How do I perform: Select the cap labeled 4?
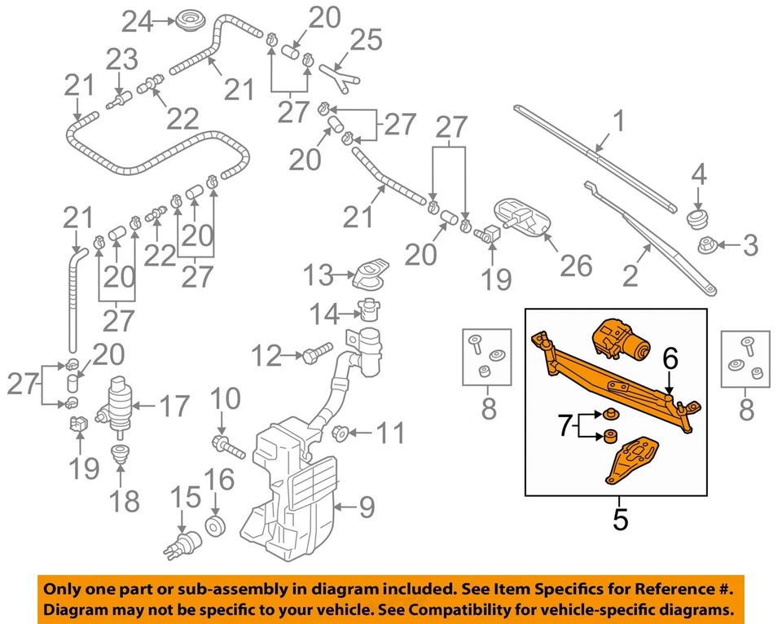tap(696, 218)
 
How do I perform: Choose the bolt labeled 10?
tap(228, 446)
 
